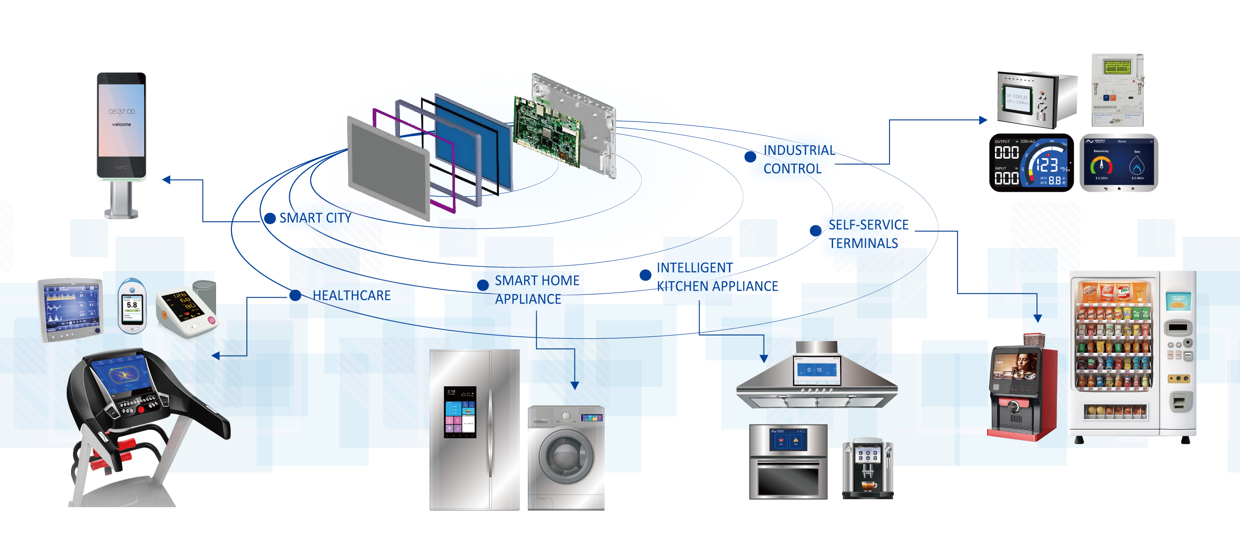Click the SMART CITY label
click(x=315, y=218)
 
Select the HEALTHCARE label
click(x=351, y=295)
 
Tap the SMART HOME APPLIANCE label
click(x=537, y=290)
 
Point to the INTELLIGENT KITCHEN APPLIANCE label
click(x=717, y=277)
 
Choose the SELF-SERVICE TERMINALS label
click(x=868, y=234)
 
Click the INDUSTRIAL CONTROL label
click(x=799, y=159)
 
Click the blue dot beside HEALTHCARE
click(x=295, y=295)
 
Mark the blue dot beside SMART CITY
click(x=270, y=218)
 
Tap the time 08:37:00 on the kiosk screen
click(x=121, y=112)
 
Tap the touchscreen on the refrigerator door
click(x=460, y=412)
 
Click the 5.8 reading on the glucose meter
click(x=132, y=305)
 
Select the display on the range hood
click(x=816, y=370)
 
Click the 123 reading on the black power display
click(x=1047, y=166)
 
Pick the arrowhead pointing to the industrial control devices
click(x=983, y=120)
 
